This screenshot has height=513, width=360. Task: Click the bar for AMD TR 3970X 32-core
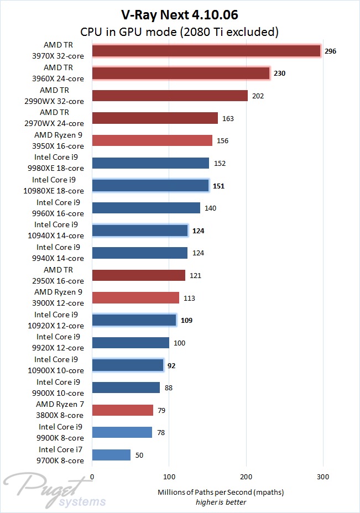coord(206,51)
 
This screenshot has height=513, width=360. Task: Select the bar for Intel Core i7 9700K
coord(111,455)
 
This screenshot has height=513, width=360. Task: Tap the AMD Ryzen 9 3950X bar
coord(152,140)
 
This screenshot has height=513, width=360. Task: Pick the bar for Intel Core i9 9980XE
coord(150,163)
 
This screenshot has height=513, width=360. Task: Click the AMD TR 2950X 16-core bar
coord(139,275)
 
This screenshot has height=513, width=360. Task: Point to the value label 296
coord(331,51)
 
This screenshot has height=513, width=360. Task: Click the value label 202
coord(258,96)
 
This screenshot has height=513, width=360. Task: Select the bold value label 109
coord(187,320)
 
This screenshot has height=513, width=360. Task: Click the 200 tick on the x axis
coord(247,477)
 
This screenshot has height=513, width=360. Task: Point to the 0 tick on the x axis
coord(92,477)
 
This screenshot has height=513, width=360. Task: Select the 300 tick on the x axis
coord(324,477)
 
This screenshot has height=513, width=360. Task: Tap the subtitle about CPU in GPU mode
coord(179,32)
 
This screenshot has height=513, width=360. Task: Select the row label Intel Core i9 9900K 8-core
coord(61,432)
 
